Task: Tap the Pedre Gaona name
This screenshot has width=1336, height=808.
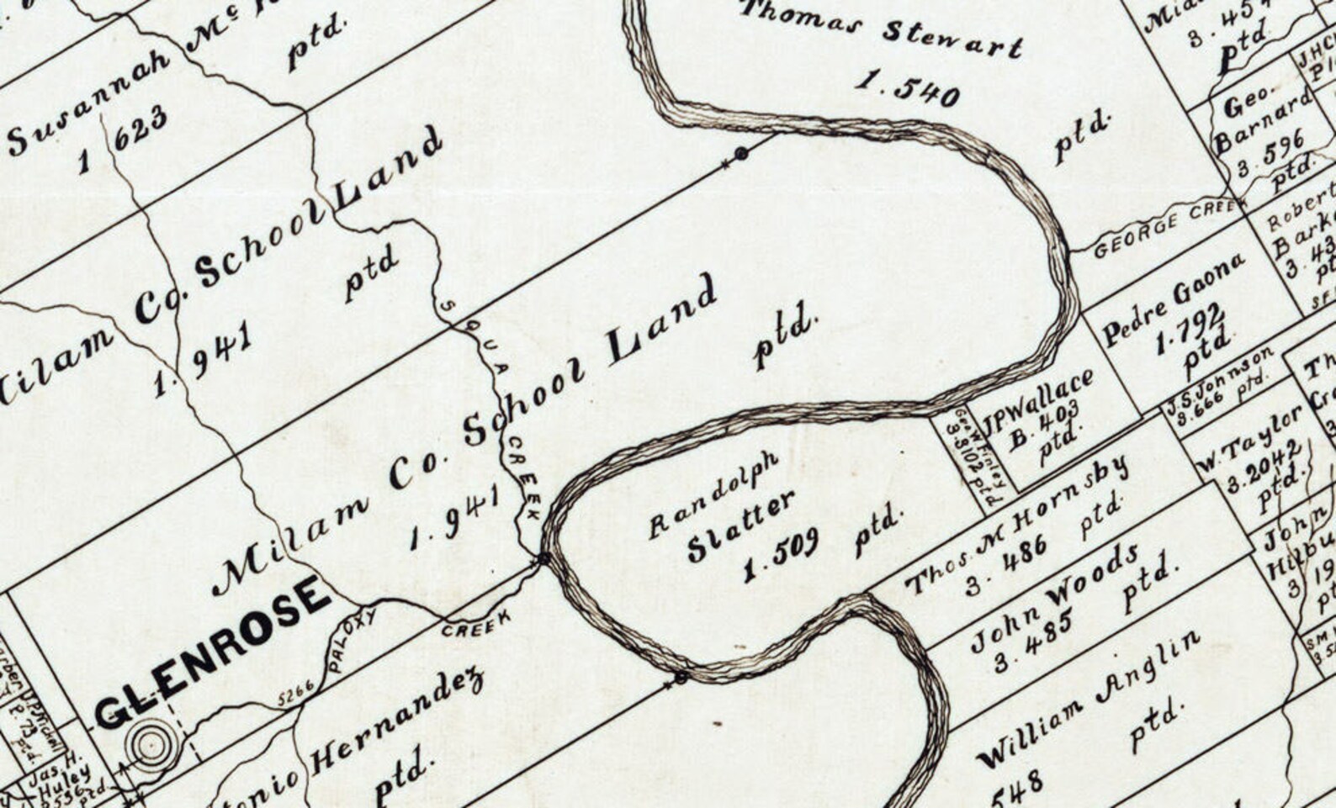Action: [1173, 298]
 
